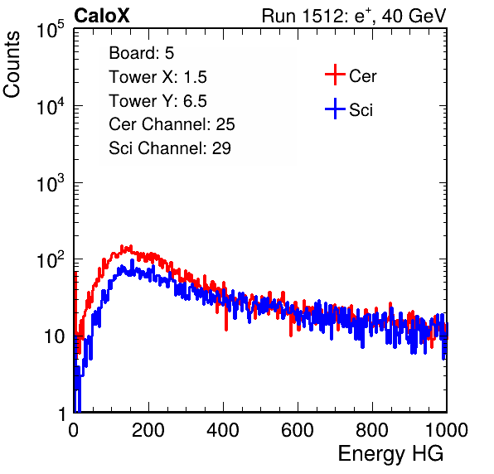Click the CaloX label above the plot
[x=102, y=16]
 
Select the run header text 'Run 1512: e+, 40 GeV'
[x=354, y=16]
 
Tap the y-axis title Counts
[x=12, y=65]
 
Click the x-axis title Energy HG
[x=390, y=454]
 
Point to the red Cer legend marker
[x=335, y=75]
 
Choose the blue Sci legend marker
[x=335, y=109]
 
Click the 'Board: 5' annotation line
[x=142, y=53]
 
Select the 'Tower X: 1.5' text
[x=157, y=77]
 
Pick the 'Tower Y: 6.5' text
[x=157, y=101]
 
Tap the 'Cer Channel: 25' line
[x=172, y=124]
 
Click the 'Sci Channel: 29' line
[x=170, y=148]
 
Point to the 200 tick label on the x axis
[x=148, y=430]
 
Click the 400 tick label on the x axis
[x=223, y=430]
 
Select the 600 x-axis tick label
[x=298, y=430]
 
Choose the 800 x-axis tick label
[x=372, y=430]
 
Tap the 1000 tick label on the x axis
[x=447, y=430]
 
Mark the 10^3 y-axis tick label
[x=51, y=183]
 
